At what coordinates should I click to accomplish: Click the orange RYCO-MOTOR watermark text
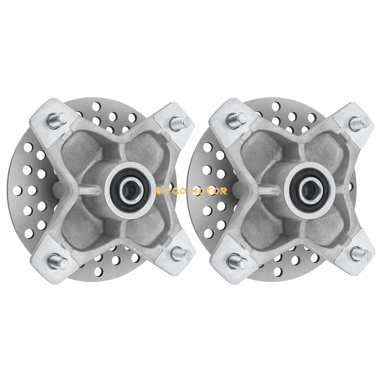click(191, 191)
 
